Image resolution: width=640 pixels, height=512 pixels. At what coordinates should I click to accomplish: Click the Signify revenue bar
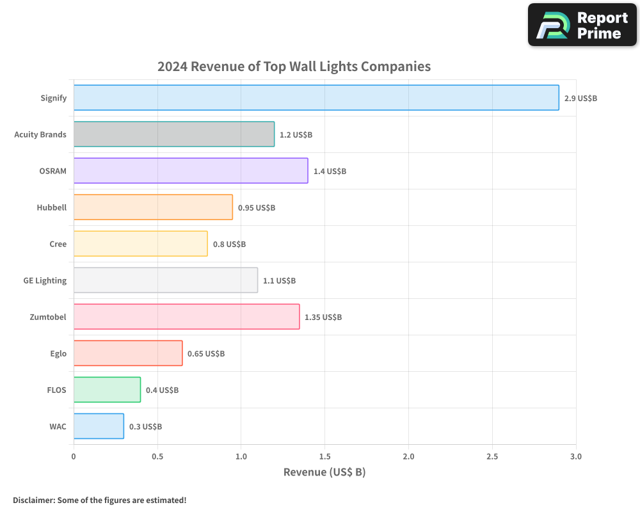point(316,98)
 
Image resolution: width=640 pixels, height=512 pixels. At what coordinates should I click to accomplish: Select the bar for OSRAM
point(191,171)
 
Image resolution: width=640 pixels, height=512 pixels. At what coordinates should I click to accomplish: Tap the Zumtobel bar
point(186,317)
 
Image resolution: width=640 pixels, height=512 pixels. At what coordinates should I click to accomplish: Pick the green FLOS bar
point(107,390)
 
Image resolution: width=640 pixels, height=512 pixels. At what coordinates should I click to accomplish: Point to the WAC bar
point(99,426)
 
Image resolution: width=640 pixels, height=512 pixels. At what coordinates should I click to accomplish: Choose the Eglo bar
point(128,353)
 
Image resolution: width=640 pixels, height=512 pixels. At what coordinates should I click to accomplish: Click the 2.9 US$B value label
point(580,99)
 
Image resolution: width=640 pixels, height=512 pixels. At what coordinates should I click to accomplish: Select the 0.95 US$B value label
point(257,208)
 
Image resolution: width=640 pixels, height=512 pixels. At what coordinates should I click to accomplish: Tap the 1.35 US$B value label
point(323,317)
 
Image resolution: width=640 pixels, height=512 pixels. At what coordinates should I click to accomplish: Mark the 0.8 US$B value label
point(229,244)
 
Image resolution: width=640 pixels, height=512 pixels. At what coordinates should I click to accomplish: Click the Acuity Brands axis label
point(40,134)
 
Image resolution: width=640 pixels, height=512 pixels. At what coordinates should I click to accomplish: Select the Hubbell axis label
point(52,207)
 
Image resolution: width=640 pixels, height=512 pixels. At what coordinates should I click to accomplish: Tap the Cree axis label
point(58,244)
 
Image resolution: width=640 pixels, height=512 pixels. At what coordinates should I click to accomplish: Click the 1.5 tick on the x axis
point(324,456)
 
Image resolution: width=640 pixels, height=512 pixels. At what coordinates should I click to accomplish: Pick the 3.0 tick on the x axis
point(576,456)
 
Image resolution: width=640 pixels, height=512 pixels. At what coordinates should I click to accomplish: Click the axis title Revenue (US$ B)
point(324,472)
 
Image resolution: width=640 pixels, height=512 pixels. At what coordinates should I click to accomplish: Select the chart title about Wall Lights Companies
point(294,67)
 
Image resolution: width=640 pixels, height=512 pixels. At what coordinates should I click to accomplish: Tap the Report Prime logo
point(582,25)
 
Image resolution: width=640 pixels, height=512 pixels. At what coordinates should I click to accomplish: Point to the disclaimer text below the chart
point(100,500)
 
